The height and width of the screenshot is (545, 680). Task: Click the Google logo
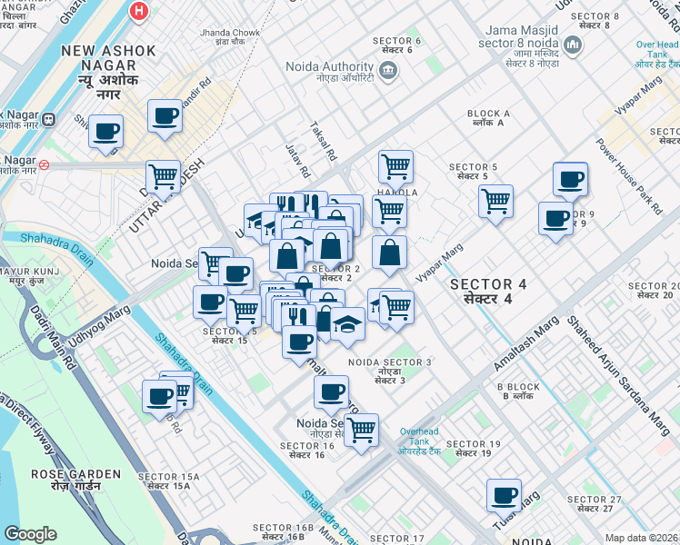click(x=30, y=534)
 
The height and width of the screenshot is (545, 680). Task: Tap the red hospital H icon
click(x=138, y=12)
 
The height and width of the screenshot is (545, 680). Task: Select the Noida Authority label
click(x=329, y=67)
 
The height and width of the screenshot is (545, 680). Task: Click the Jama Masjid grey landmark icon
click(x=573, y=45)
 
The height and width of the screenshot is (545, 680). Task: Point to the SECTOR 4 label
click(x=495, y=292)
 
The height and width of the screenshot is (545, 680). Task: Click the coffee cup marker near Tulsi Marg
click(x=503, y=495)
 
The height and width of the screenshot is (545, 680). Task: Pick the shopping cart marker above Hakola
click(x=395, y=166)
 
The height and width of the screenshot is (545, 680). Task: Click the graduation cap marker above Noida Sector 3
click(x=347, y=324)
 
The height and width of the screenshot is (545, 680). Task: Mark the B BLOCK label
click(x=521, y=391)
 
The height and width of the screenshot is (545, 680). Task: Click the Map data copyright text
click(x=641, y=538)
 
